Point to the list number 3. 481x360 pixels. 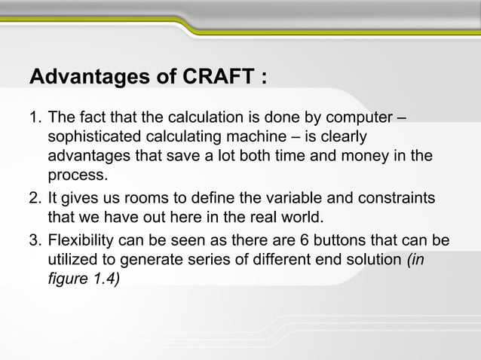[33, 240]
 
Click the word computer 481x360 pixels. [357, 118]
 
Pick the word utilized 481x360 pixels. [72, 261]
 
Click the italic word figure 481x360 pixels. [66, 280]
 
